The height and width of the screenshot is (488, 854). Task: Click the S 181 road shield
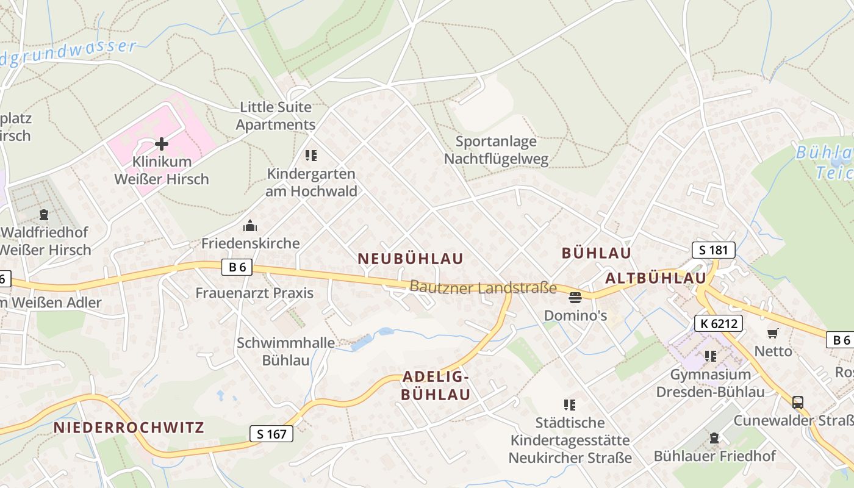coord(713,249)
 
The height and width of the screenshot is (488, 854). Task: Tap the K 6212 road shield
coord(719,323)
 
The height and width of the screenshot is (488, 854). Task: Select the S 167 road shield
coord(271,434)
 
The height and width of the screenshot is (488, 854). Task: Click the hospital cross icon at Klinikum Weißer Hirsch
coord(162,144)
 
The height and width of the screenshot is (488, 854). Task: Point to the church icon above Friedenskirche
coord(250,226)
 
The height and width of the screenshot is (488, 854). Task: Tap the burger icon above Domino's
coord(575,298)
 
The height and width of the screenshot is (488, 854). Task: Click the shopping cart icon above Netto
coord(773,333)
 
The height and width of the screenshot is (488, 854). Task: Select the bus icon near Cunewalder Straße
coord(797,402)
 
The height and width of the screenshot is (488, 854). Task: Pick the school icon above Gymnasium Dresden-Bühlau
coord(710,356)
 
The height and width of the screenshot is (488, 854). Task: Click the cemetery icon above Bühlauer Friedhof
coord(714,438)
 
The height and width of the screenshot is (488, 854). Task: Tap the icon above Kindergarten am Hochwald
coord(311,156)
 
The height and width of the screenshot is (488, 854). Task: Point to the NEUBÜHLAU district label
coord(411,259)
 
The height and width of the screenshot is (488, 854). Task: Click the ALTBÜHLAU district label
coord(655,278)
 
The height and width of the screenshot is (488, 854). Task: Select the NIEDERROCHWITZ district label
coord(129,427)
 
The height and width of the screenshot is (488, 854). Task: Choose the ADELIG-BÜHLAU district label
coord(436,385)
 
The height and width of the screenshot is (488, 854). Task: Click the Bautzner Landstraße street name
coord(483,287)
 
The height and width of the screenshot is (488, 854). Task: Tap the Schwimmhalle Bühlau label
coord(285,351)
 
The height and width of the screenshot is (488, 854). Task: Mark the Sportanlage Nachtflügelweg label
coord(496,151)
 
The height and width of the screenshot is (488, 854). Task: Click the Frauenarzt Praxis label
coord(254,293)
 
